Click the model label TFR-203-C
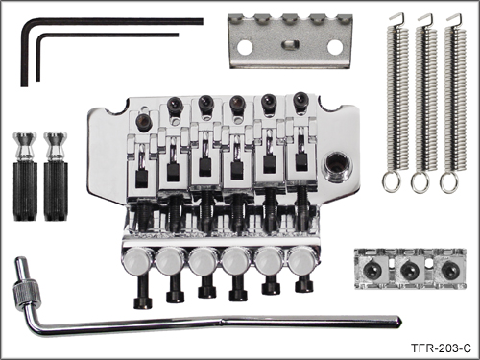[441, 348]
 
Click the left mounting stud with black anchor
[25, 177]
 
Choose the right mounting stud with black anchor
[56, 177]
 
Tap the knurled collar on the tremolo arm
[27, 290]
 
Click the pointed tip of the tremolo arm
[400, 321]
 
